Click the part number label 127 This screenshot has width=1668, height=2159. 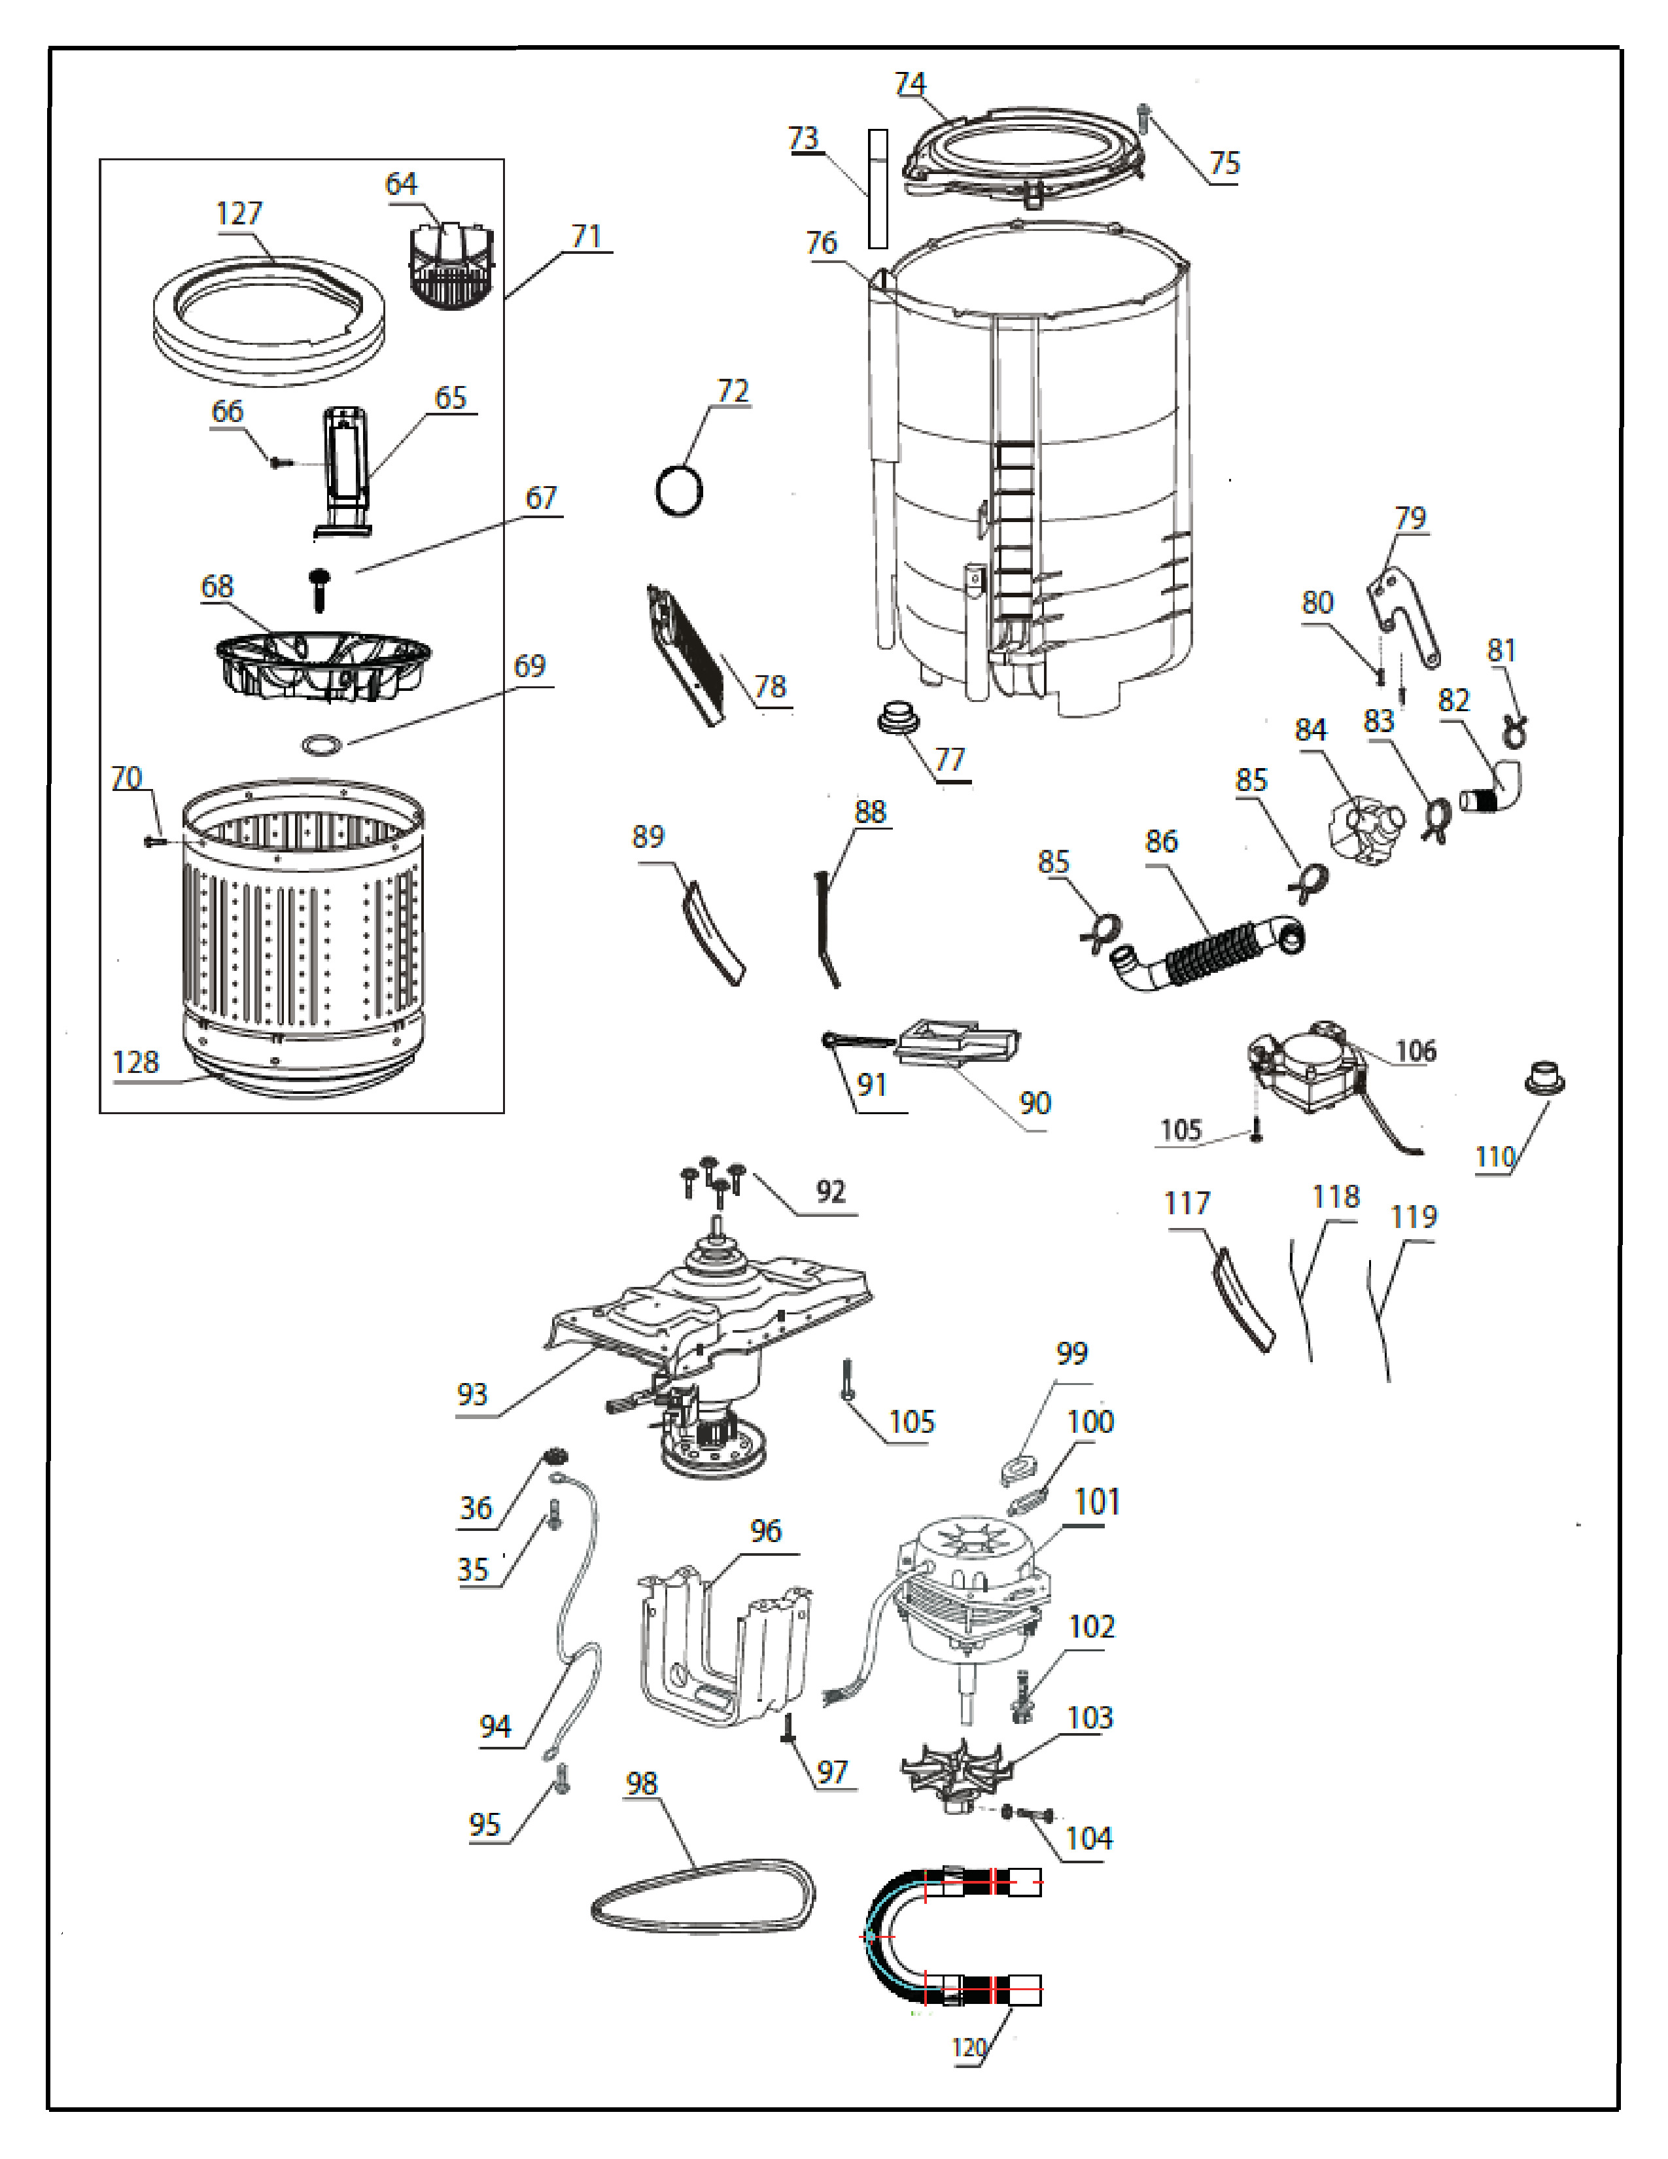[239, 213]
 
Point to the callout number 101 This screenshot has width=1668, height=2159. [1097, 1503]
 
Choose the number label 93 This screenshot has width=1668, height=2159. [472, 1395]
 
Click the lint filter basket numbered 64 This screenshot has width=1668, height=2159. [451, 264]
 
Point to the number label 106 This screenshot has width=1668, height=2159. [1415, 1051]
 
